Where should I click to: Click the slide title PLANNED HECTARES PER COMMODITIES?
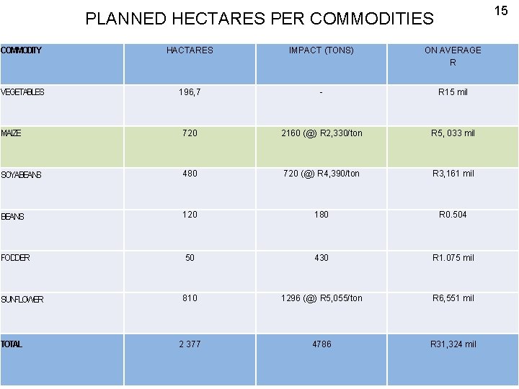pos(259,18)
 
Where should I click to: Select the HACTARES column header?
pos(190,50)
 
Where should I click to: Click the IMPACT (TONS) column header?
pos(321,50)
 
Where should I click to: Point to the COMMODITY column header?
pos(21,50)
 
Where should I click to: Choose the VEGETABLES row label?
pos(22,92)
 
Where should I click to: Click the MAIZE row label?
pos(11,133)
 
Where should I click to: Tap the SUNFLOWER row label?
pos(22,299)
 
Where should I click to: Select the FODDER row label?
pos(16,258)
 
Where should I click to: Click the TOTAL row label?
pos(12,344)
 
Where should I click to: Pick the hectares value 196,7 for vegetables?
pos(190,92)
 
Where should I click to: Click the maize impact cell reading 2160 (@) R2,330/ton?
pos(321,133)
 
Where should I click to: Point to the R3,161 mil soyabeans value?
pos(453,174)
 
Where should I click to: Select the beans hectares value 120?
pos(190,215)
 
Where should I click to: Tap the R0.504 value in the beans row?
pos(453,215)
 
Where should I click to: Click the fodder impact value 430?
pos(321,257)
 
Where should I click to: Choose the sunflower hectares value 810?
pos(190,298)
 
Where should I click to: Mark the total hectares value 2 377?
pos(190,344)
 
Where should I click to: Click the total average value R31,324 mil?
pos(453,344)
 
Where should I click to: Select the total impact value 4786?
pos(321,344)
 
